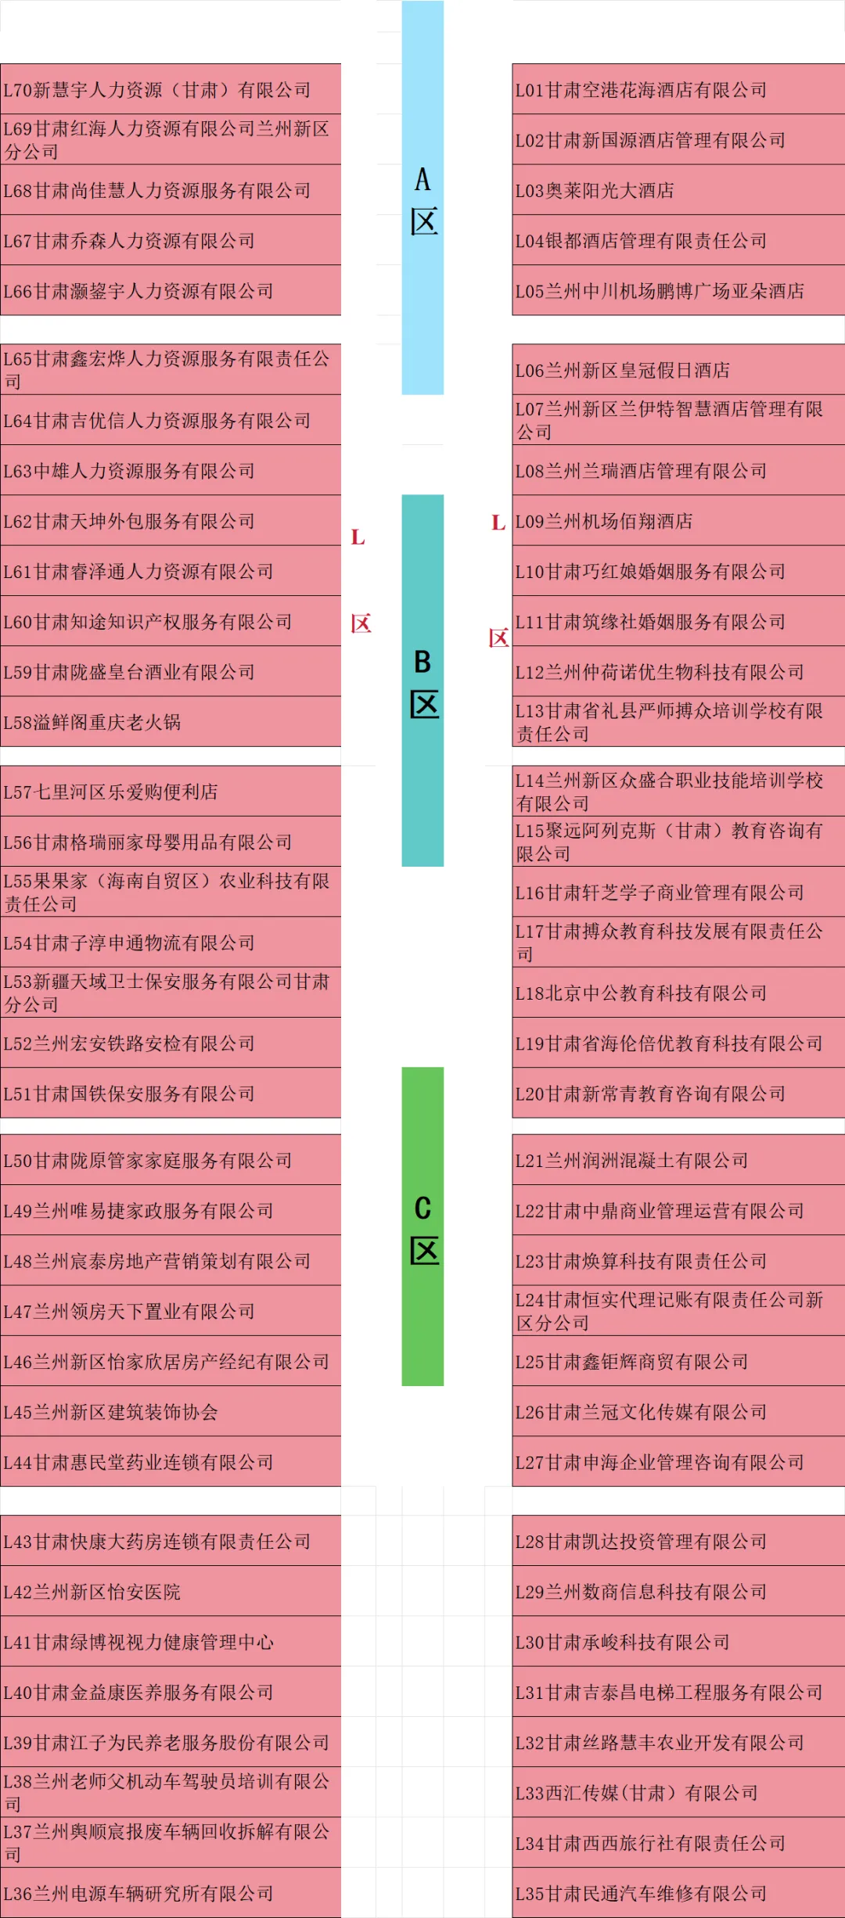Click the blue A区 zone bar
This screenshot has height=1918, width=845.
point(422,198)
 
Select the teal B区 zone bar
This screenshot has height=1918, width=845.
point(422,681)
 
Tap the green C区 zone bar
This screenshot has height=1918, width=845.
point(422,1227)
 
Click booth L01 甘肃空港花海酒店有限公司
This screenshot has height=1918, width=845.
point(678,90)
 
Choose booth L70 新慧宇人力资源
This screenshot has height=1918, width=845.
point(171,90)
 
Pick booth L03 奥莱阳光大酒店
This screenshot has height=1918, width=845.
point(678,190)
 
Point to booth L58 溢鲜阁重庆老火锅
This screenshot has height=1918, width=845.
point(171,722)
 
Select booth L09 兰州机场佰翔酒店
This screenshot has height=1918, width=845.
point(678,521)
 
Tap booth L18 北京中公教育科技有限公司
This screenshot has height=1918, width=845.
point(678,993)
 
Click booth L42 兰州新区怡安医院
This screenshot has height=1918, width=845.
point(171,1592)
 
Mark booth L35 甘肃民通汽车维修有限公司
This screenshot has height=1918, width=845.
point(678,1893)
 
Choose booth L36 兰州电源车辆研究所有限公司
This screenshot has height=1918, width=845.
point(171,1893)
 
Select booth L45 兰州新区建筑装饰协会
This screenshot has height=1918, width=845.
point(171,1412)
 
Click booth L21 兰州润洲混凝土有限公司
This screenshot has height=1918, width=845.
point(678,1160)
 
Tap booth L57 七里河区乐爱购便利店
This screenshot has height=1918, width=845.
point(171,792)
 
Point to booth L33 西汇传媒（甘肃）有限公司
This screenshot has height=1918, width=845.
point(678,1793)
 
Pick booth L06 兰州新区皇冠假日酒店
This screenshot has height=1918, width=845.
point(678,370)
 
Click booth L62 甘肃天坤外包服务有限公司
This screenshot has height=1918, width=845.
point(171,521)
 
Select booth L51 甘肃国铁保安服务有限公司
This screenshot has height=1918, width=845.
point(171,1094)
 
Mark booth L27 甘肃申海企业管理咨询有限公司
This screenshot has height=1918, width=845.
point(678,1462)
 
